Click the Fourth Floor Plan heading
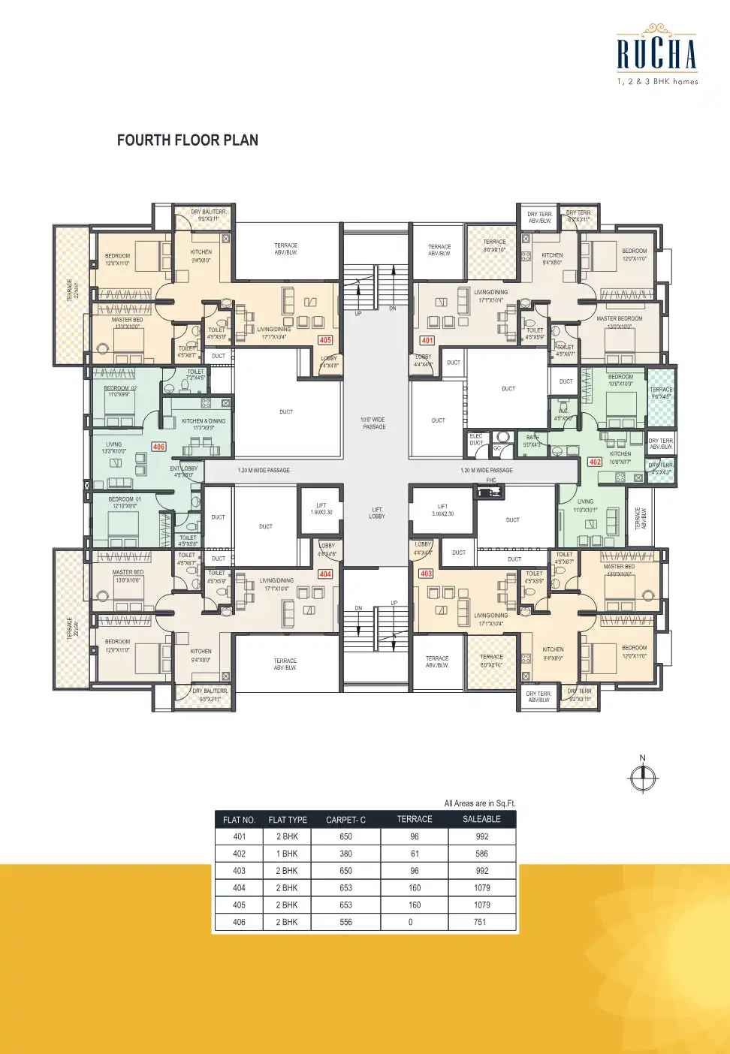pyautogui.click(x=188, y=140)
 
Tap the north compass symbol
pyautogui.click(x=643, y=777)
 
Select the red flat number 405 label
pyautogui.click(x=325, y=340)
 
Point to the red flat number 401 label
pyautogui.click(x=427, y=340)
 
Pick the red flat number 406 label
pyautogui.click(x=158, y=447)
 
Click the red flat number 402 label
pyautogui.click(x=595, y=462)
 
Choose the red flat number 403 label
pyautogui.click(x=427, y=574)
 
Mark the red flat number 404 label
pyautogui.click(x=325, y=574)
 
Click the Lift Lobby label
pyautogui.click(x=377, y=513)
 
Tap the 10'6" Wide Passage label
pyautogui.click(x=374, y=423)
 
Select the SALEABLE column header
pyautogui.click(x=481, y=819)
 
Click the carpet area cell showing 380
pyautogui.click(x=345, y=854)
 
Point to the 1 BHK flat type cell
pyautogui.click(x=287, y=854)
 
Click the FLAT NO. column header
pyautogui.click(x=239, y=820)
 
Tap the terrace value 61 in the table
pyautogui.click(x=415, y=854)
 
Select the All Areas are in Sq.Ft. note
pyautogui.click(x=479, y=803)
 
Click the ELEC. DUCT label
pyautogui.click(x=476, y=439)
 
